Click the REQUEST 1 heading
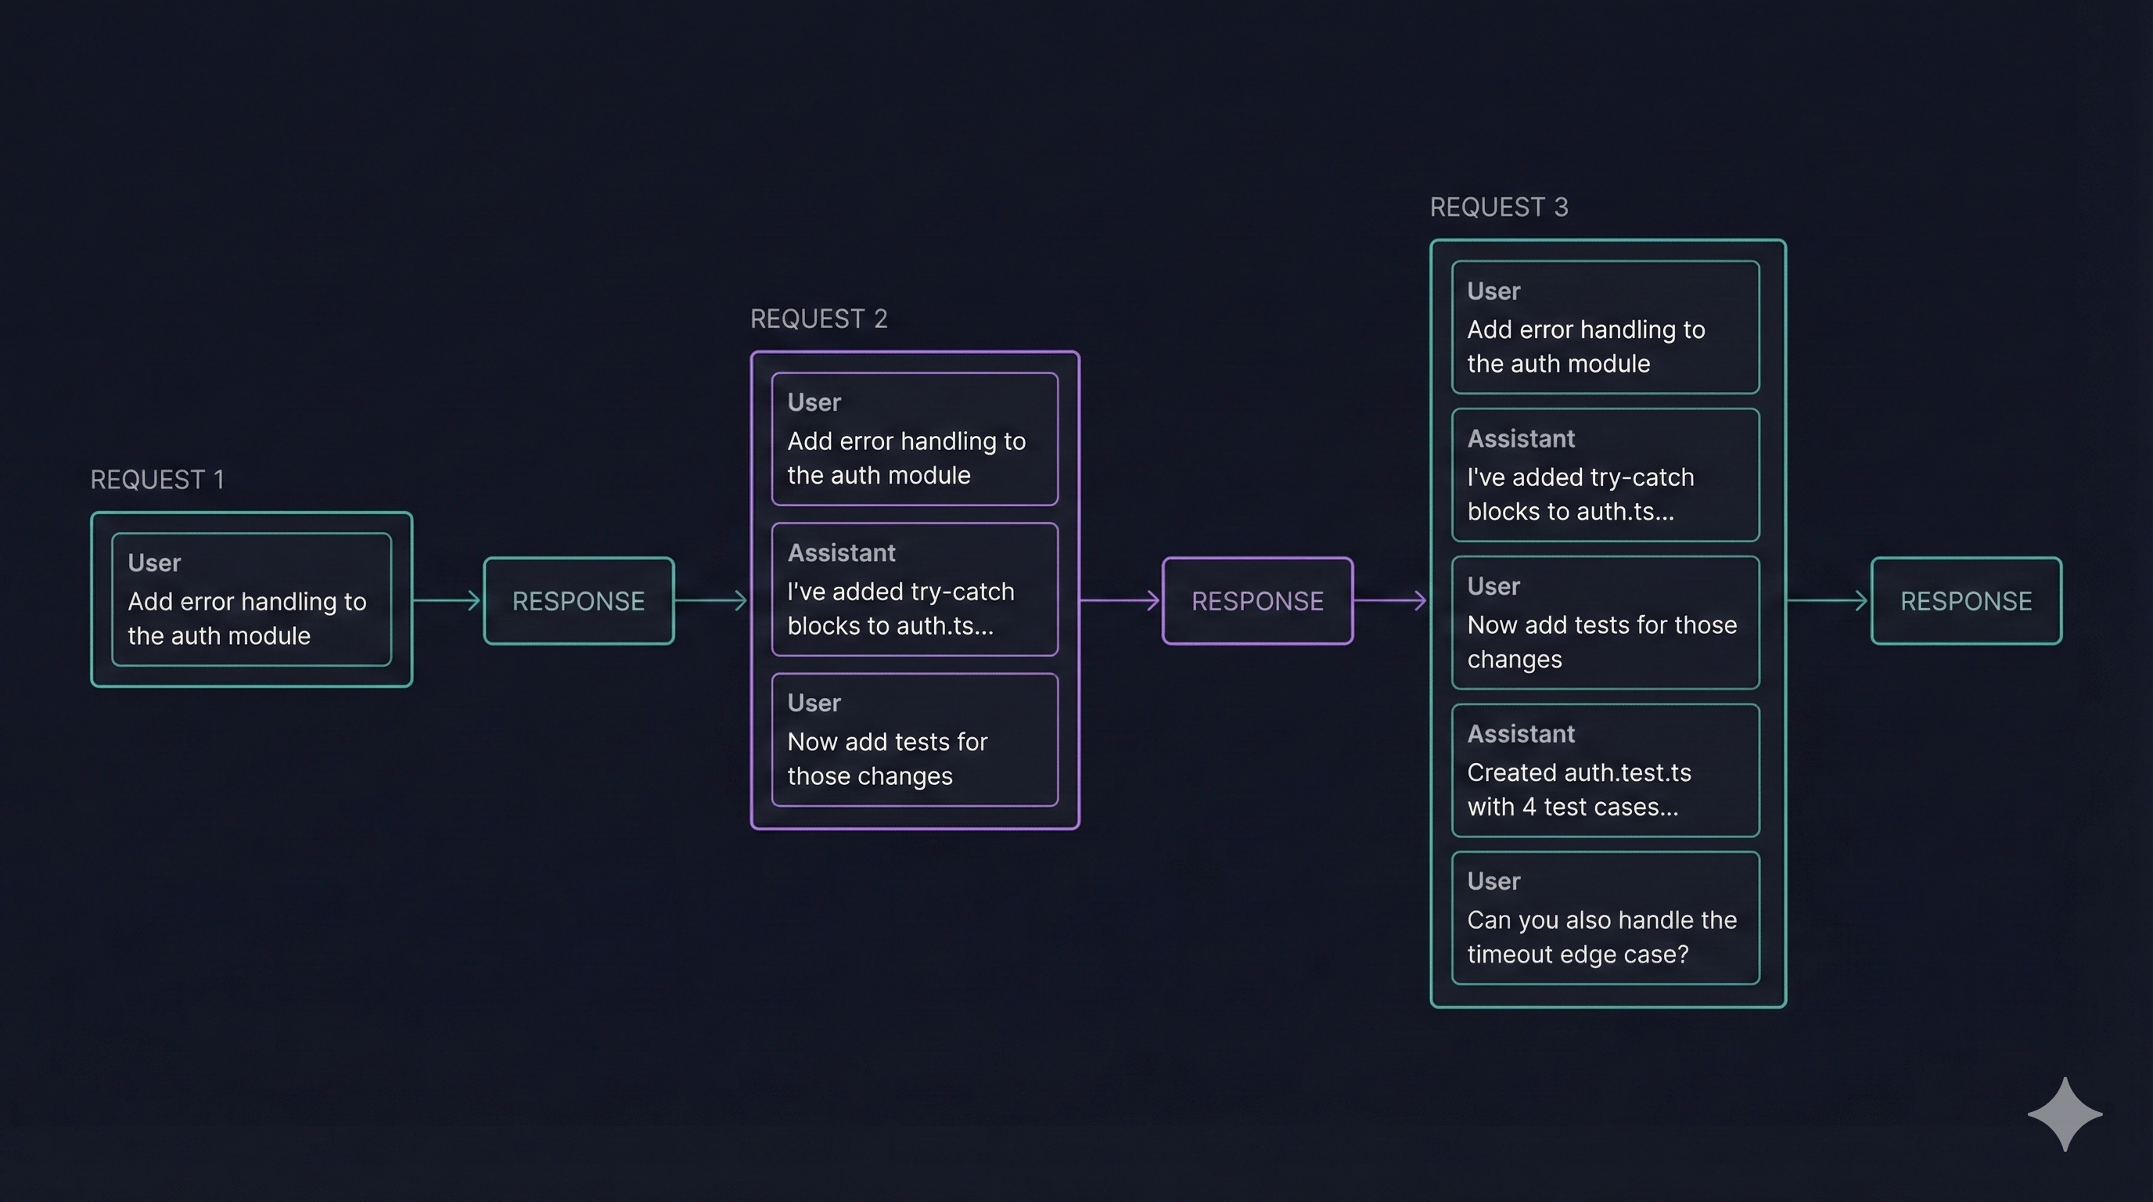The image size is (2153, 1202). coord(157,480)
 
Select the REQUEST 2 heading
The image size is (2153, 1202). coord(818,318)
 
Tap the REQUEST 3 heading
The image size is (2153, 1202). coord(1499,207)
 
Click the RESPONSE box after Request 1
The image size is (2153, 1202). coord(578,601)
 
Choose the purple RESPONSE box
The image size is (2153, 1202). coord(1257,601)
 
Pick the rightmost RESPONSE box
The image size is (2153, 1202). coord(1966,601)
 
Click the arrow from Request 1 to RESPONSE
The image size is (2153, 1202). coord(448,600)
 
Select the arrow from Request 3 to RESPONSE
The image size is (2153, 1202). coord(1827,600)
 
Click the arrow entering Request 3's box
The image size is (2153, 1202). coord(1390,600)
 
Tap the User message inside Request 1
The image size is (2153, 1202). coord(250,599)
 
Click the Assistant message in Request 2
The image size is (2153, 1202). coord(915,589)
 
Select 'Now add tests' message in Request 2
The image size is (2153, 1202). coord(915,740)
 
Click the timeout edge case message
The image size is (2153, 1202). coord(1605,918)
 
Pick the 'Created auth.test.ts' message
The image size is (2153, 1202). coord(1605,771)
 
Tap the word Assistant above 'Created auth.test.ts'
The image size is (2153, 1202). coord(1520,734)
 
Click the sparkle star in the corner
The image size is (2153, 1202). coord(2065,1114)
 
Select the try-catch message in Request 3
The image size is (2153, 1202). coord(1605,475)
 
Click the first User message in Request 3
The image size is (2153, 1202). coord(1605,327)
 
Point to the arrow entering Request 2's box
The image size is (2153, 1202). coord(710,600)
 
